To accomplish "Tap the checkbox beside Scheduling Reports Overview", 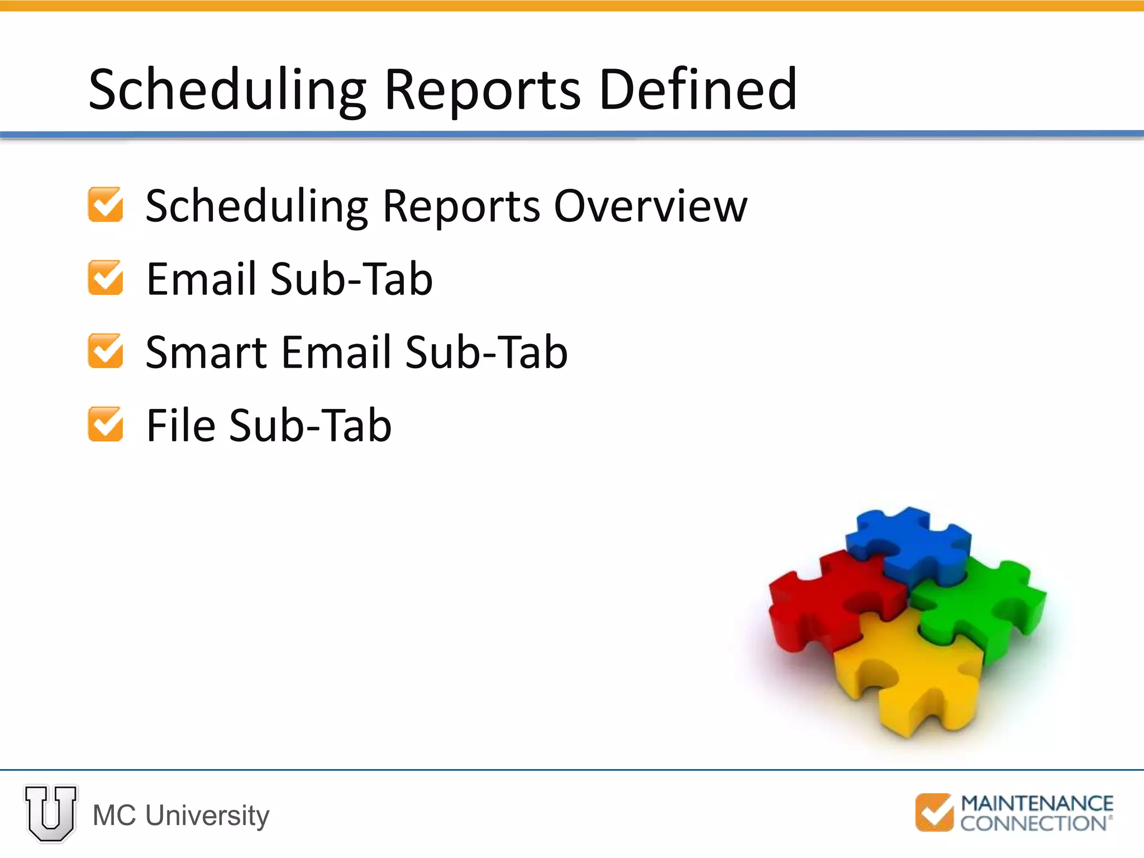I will point(106,205).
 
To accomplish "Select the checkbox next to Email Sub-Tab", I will point(106,278).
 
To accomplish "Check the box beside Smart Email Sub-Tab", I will point(106,351).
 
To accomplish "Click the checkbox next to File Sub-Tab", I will point(106,425).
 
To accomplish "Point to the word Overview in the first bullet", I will point(650,206).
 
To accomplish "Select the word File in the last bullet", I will point(180,425).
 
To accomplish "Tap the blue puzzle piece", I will point(908,545).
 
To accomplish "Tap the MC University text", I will point(180,815).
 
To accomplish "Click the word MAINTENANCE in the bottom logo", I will point(1037,804).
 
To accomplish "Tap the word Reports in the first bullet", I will point(461,206).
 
